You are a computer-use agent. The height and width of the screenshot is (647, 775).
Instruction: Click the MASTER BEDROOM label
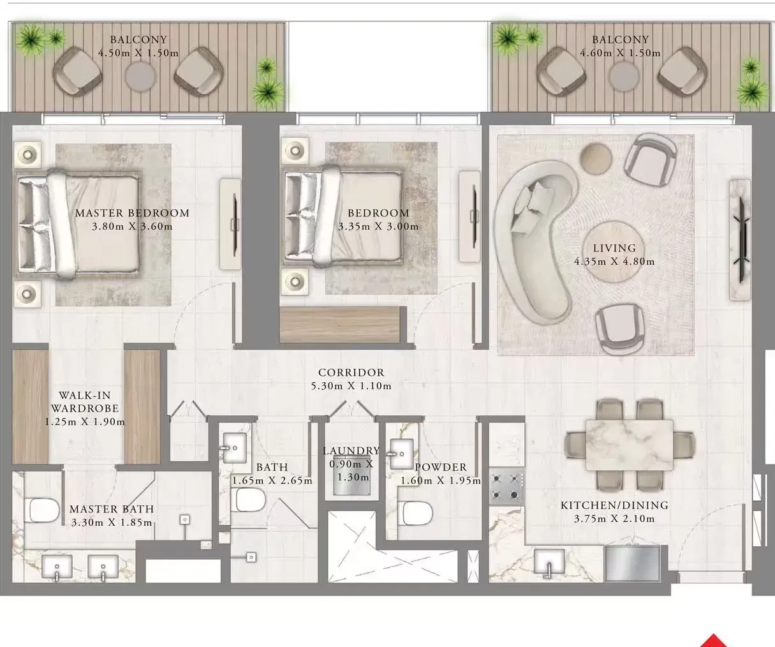pyautogui.click(x=132, y=213)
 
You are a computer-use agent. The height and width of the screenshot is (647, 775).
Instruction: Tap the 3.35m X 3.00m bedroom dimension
pyautogui.click(x=378, y=227)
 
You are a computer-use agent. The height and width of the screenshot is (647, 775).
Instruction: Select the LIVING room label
pyautogui.click(x=614, y=248)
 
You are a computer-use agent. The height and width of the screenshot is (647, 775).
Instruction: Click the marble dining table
pyautogui.click(x=629, y=445)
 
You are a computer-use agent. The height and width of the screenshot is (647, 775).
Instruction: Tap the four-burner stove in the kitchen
pyautogui.click(x=506, y=486)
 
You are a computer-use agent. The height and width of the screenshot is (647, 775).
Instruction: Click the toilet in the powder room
pyautogui.click(x=417, y=512)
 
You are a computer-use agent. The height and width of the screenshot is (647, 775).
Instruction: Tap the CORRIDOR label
pyautogui.click(x=351, y=373)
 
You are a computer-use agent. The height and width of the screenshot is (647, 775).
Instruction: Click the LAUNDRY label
pyautogui.click(x=351, y=451)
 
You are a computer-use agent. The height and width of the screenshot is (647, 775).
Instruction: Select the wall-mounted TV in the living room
pyautogui.click(x=741, y=239)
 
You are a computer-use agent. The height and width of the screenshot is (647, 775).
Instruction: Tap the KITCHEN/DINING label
pyautogui.click(x=614, y=505)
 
